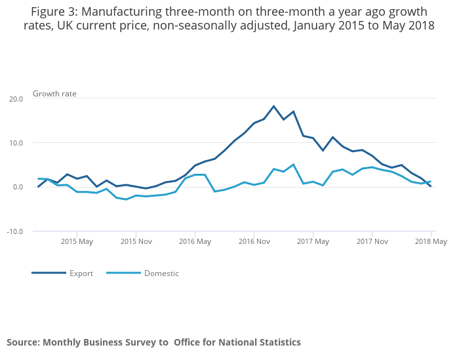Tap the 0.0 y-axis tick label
coord(17,188)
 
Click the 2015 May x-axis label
coord(77,241)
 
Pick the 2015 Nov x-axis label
coord(136,241)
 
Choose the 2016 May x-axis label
coord(195,241)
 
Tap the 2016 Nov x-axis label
coord(254,241)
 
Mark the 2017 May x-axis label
coord(313,241)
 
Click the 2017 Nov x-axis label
coord(372,241)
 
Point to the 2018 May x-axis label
coord(431,241)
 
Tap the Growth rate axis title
coord(54,94)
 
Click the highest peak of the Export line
coord(273,106)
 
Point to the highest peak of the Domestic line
coord(293,165)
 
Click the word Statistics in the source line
coord(276,342)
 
